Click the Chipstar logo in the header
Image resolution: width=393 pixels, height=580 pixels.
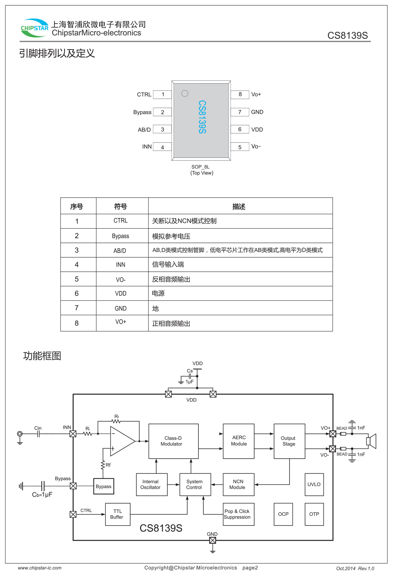(34, 28)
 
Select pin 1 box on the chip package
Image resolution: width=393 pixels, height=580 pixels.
(162, 94)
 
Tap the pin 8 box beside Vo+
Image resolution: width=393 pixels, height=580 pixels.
(240, 94)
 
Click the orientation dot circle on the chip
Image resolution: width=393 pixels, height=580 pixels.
(185, 93)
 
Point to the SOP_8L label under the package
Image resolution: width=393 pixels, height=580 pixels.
(200, 167)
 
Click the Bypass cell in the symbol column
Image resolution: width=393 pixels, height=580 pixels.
(121, 236)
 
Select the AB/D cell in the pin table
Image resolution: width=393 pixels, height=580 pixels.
(120, 251)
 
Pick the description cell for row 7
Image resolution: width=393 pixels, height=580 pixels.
(240, 308)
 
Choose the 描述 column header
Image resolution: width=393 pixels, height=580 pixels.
(239, 206)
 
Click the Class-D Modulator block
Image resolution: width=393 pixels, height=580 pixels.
(174, 441)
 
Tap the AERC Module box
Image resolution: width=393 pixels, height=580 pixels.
(239, 441)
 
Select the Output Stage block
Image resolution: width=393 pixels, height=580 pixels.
(289, 441)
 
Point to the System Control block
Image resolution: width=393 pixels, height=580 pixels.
(195, 485)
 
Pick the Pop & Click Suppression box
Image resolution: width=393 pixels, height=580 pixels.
(238, 514)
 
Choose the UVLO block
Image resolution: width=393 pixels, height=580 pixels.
(314, 485)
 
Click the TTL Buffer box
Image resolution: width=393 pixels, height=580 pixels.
(118, 514)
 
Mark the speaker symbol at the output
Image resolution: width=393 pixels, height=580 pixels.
(372, 441)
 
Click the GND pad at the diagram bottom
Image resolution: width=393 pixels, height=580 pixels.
(213, 540)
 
